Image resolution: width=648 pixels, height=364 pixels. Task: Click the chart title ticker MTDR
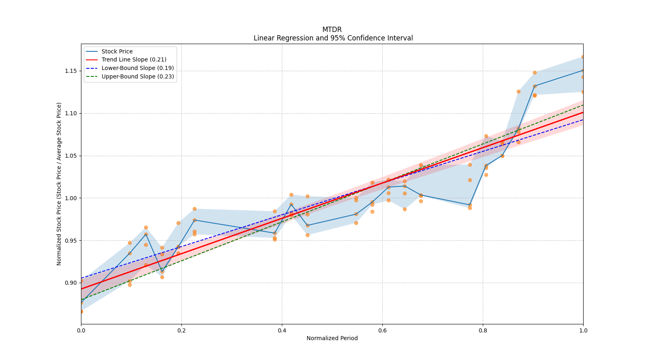[332, 30]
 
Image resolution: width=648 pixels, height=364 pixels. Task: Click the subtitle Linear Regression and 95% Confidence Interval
[333, 38]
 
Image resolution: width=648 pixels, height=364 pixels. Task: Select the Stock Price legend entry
[117, 51]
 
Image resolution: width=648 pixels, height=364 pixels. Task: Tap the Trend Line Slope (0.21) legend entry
[134, 60]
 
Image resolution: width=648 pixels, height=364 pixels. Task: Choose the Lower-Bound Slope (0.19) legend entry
[137, 68]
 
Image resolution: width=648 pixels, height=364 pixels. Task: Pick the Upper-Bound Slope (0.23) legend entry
[137, 76]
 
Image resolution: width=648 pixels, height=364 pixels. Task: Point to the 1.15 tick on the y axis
[70, 71]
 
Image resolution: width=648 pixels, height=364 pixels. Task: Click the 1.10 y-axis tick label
[70, 113]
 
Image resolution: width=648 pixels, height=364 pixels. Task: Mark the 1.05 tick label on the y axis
[70, 156]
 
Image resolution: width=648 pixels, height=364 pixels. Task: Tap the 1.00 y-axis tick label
[70, 198]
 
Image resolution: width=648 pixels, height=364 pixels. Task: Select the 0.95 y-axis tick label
[70, 241]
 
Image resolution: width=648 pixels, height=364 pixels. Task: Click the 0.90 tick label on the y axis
[70, 283]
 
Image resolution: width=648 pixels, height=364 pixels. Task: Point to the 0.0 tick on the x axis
[81, 330]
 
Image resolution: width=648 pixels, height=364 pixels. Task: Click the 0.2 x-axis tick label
[181, 330]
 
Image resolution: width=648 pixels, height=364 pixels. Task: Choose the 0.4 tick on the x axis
[282, 330]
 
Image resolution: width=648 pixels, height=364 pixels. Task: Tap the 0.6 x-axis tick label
[382, 330]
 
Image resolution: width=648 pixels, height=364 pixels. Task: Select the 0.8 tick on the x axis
[483, 330]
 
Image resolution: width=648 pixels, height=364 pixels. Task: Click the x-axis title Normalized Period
[332, 338]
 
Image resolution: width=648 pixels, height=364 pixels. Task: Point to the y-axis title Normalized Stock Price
[59, 184]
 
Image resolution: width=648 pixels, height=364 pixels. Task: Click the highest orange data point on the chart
[583, 57]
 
